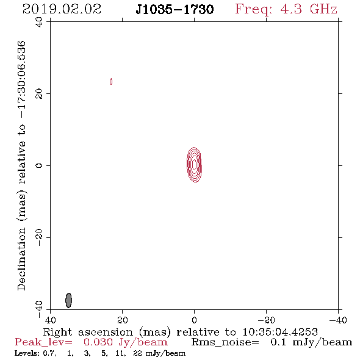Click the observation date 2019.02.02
pyautogui.click(x=62, y=9)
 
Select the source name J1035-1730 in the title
pyautogui.click(x=175, y=9)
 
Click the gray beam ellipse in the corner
pyautogui.click(x=68, y=300)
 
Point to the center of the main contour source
pyautogui.click(x=194, y=165)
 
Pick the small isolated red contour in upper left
pyautogui.click(x=111, y=81)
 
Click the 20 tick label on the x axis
pyautogui.click(x=123, y=320)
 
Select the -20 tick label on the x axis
pyautogui.click(x=266, y=320)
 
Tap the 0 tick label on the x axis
pyautogui.click(x=194, y=320)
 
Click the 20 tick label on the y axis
pyautogui.click(x=39, y=94)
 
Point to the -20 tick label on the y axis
pyautogui.click(x=39, y=237)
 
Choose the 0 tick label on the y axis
pyautogui.click(x=39, y=165)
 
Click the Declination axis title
pyautogui.click(x=21, y=165)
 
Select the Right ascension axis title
pyautogui.click(x=180, y=332)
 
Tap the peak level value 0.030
pyautogui.click(x=98, y=342)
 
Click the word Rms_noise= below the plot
pyautogui.click(x=225, y=342)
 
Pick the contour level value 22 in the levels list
pyautogui.click(x=137, y=353)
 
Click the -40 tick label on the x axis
pyautogui.click(x=338, y=320)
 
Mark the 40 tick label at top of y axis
pyautogui.click(x=39, y=22)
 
